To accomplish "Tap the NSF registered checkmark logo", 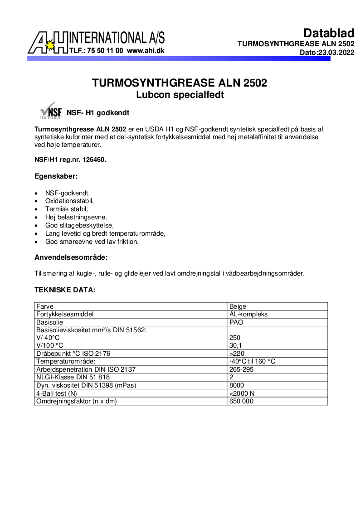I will click(x=50, y=111).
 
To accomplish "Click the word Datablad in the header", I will click(x=329, y=33).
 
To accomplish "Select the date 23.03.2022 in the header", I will click(x=336, y=53).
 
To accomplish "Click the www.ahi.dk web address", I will click(x=146, y=51).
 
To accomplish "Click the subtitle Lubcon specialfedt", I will click(x=180, y=95).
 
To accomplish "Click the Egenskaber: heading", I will click(x=56, y=176).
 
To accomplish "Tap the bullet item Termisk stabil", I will click(x=66, y=209).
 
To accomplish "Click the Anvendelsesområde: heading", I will click(x=71, y=257).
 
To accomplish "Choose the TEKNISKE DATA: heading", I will click(x=65, y=290).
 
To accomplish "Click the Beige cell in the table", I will click(x=238, y=306).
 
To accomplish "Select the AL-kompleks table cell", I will click(x=248, y=314).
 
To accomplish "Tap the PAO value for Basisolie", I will click(x=237, y=322).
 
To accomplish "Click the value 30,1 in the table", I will click(x=236, y=345).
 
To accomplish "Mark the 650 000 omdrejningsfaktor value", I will click(x=242, y=401).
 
